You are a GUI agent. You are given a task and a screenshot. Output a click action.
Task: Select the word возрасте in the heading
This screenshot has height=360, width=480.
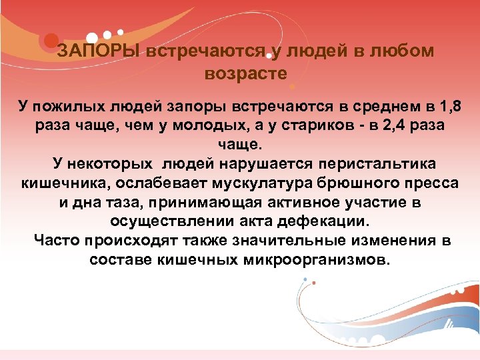(246, 73)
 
